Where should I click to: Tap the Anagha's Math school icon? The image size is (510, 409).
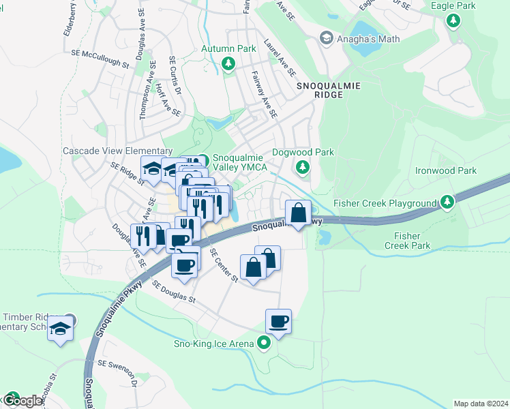[326, 38]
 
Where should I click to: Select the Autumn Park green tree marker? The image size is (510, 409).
[228, 65]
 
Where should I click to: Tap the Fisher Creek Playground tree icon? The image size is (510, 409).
[447, 202]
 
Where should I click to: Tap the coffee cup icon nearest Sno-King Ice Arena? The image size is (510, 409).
[278, 320]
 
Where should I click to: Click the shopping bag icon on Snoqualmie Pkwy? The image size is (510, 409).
[298, 213]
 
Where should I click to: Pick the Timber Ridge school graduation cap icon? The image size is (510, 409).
[61, 329]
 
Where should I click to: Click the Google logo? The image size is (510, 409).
[22, 401]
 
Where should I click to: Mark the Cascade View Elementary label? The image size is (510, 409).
[117, 151]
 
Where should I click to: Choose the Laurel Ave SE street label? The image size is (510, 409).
[280, 61]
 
